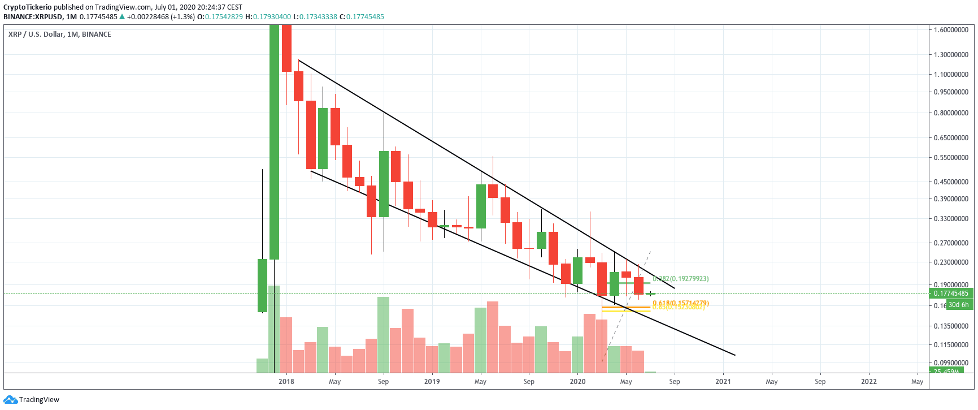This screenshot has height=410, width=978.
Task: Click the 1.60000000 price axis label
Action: tap(951, 29)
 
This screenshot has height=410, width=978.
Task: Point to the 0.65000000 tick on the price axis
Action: tap(951, 137)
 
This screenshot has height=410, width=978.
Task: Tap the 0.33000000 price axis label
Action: tap(951, 218)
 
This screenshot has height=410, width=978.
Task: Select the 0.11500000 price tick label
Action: tap(951, 344)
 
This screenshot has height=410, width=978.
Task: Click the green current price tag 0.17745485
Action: tap(951, 293)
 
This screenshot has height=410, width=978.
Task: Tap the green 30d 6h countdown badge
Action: tap(958, 305)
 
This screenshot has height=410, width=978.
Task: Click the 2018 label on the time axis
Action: tap(286, 382)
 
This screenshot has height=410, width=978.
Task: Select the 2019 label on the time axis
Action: tap(432, 382)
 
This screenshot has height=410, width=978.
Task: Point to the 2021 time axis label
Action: tap(723, 382)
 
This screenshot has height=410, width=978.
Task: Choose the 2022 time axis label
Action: tap(868, 382)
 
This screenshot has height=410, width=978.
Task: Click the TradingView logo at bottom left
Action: tap(32, 400)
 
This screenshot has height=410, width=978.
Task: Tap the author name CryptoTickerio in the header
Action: tap(27, 7)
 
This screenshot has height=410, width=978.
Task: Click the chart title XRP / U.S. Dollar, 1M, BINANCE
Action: tap(60, 34)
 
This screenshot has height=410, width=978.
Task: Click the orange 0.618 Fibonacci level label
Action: tap(680, 303)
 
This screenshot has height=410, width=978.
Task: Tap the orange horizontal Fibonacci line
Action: tap(625, 307)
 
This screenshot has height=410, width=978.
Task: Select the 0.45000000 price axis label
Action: tap(951, 182)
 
